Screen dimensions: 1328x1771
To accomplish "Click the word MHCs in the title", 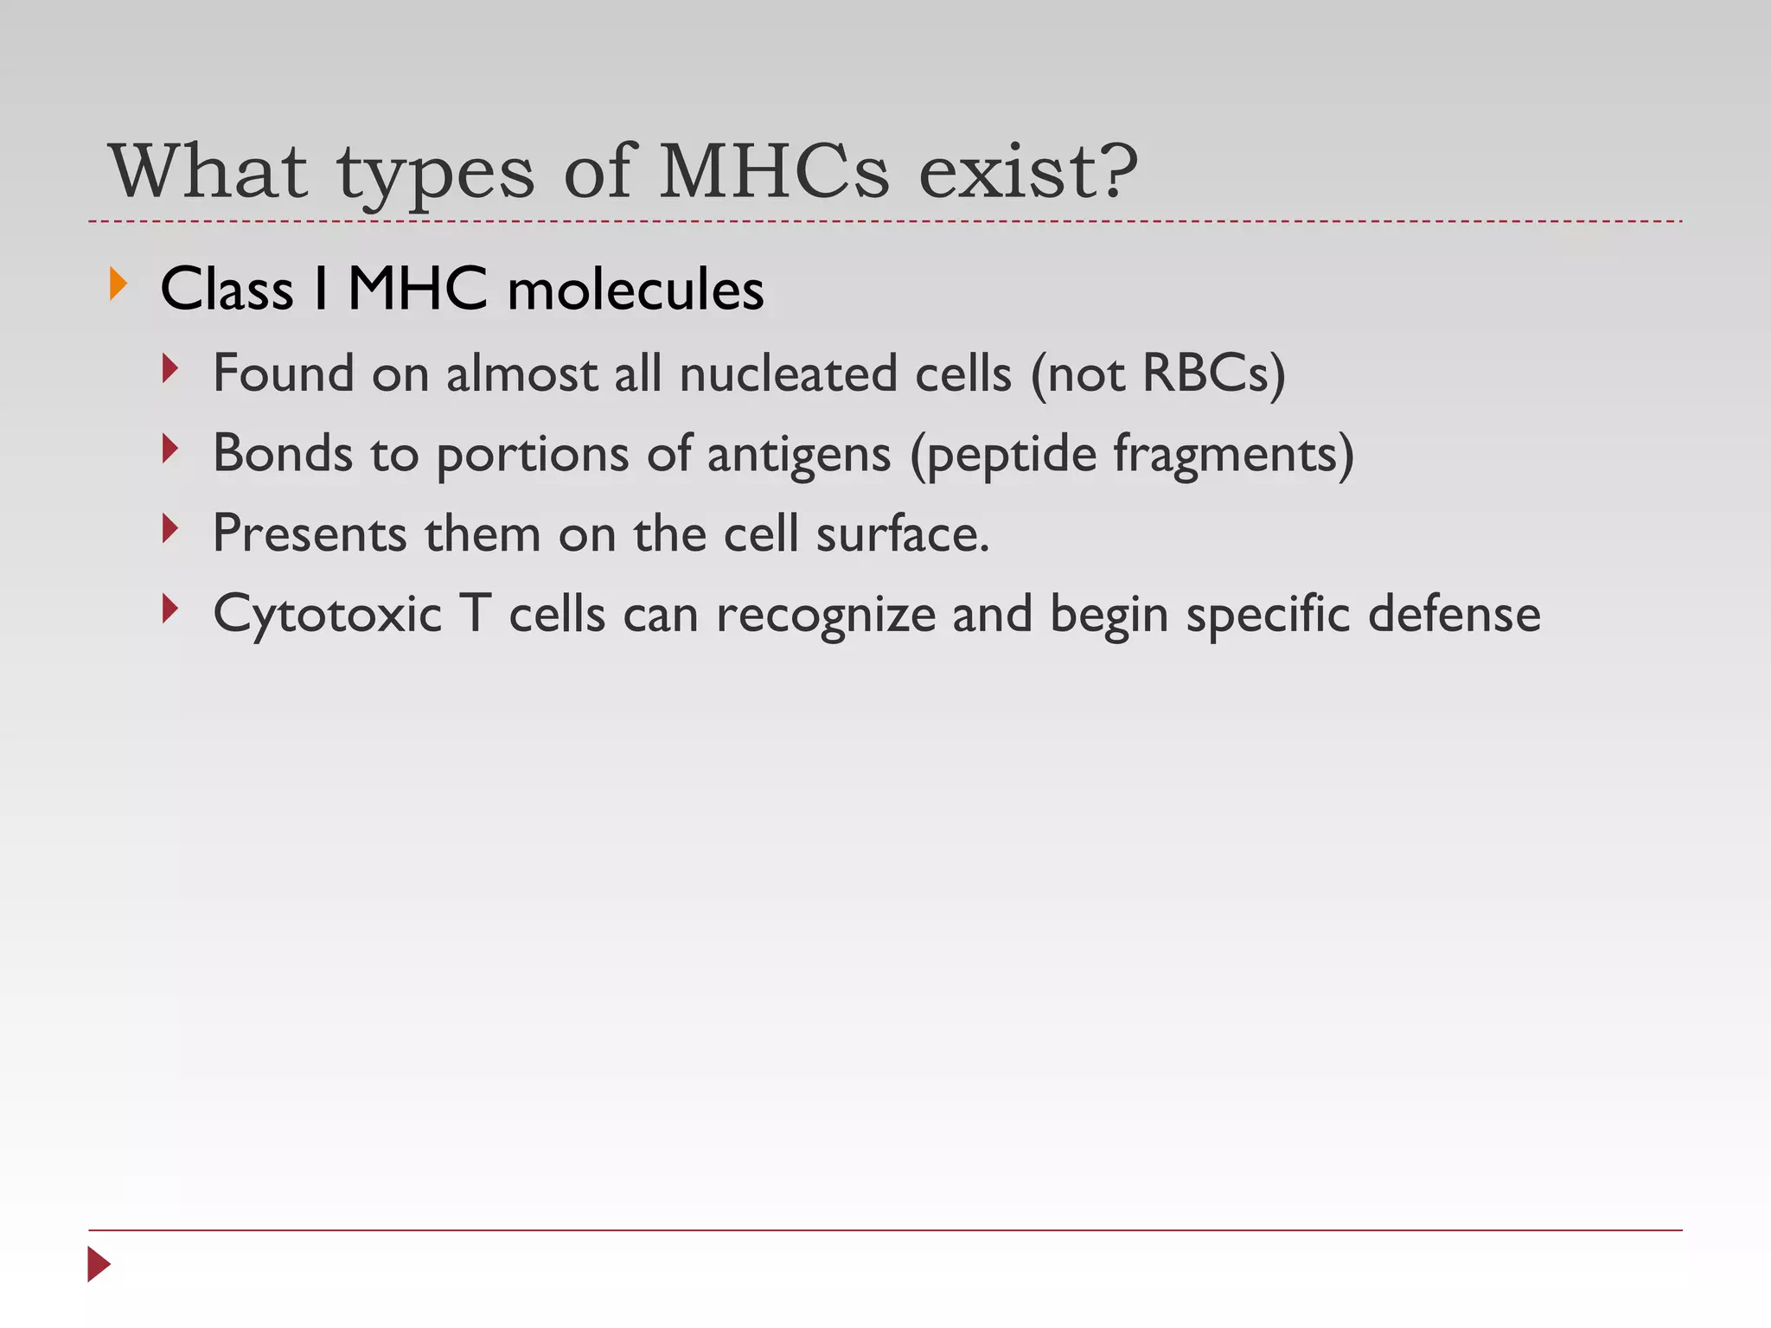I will coord(774,171).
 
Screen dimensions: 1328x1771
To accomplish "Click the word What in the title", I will coord(208,171).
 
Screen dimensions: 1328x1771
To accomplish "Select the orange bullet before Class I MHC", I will coord(118,284).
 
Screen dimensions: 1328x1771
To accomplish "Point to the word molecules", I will coord(636,289).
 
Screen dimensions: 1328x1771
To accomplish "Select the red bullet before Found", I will coord(170,369).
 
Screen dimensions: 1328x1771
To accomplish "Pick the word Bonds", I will coord(283,453).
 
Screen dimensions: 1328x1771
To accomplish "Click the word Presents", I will coord(310,533).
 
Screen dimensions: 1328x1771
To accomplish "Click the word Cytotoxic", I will coord(328,615).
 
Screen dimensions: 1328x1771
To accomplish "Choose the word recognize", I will coord(826,615).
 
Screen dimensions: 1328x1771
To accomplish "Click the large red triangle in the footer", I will coord(99,1264).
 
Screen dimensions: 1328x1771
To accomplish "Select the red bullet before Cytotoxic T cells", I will coord(170,610).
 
